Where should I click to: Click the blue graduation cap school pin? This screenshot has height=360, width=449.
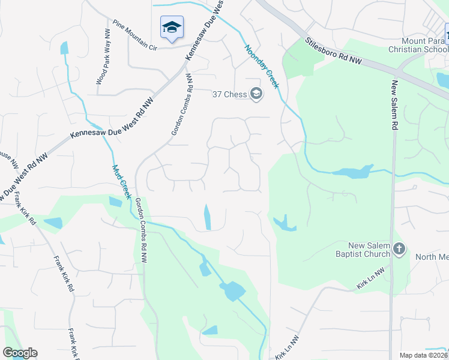coord(172,27)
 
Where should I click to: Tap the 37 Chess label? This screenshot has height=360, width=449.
coord(230,94)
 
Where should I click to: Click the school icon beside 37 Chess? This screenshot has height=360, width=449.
coord(256,94)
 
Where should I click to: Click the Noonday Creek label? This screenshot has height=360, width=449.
coord(261,66)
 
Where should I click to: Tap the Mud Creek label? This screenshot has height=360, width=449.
coord(122,182)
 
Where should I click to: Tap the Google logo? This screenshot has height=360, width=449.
coord(20,353)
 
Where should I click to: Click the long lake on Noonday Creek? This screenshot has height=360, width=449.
coord(352,172)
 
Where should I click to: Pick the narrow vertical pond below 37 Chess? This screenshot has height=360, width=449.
coord(208,217)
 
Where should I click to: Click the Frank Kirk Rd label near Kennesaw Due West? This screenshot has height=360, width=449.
coord(23,208)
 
